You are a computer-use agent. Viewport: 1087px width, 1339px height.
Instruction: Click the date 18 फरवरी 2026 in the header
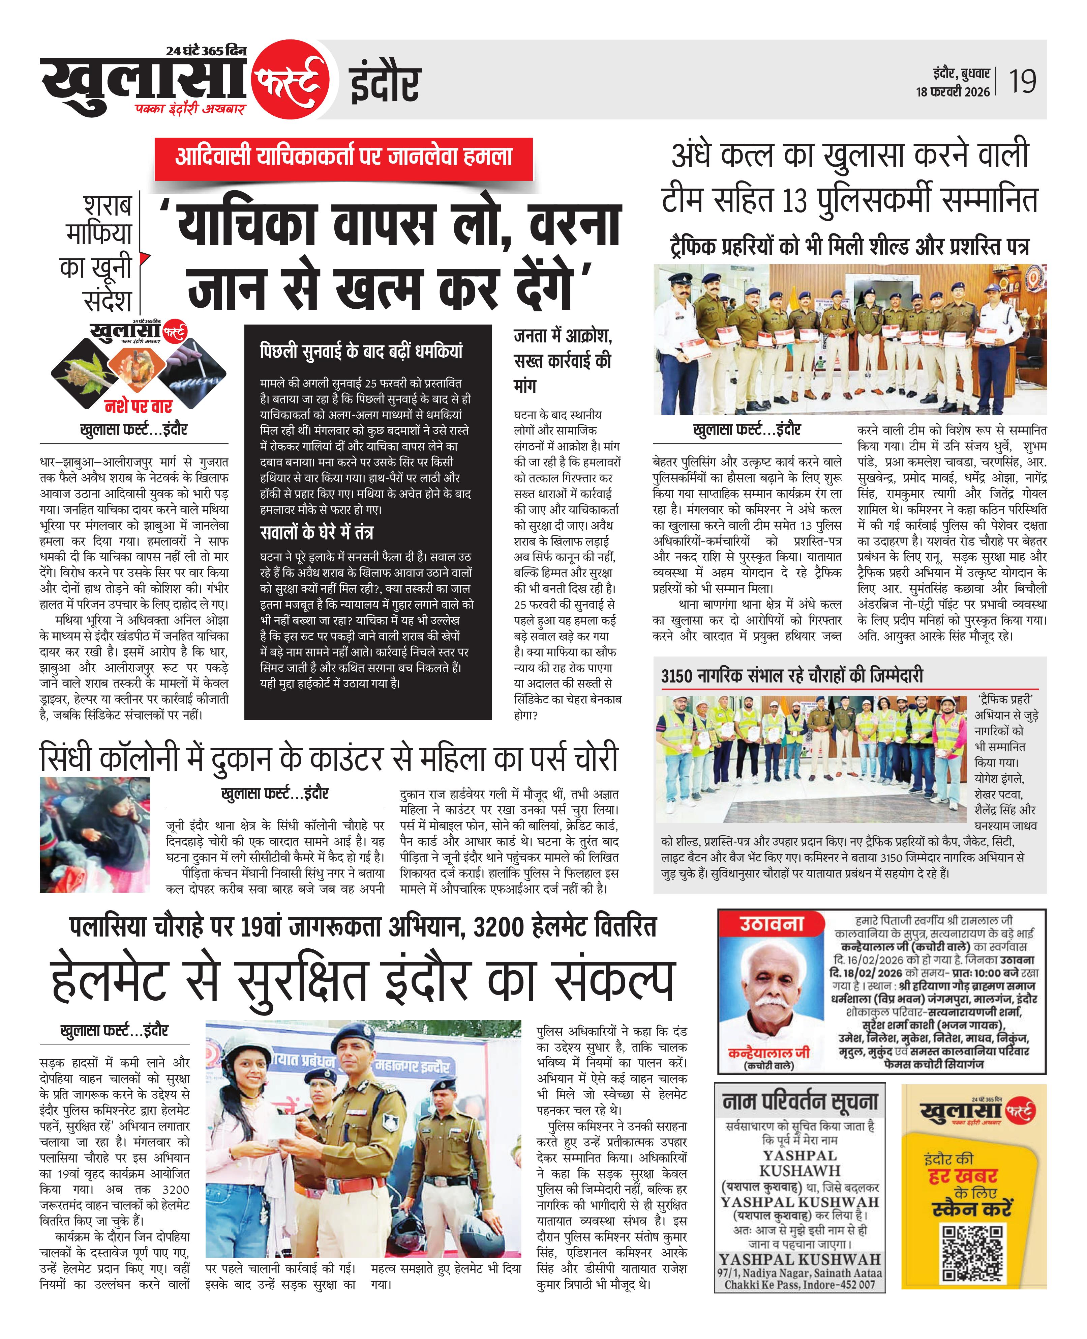[x=953, y=91]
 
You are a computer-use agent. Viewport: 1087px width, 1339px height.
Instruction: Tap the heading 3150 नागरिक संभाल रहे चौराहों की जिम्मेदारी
[x=792, y=676]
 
